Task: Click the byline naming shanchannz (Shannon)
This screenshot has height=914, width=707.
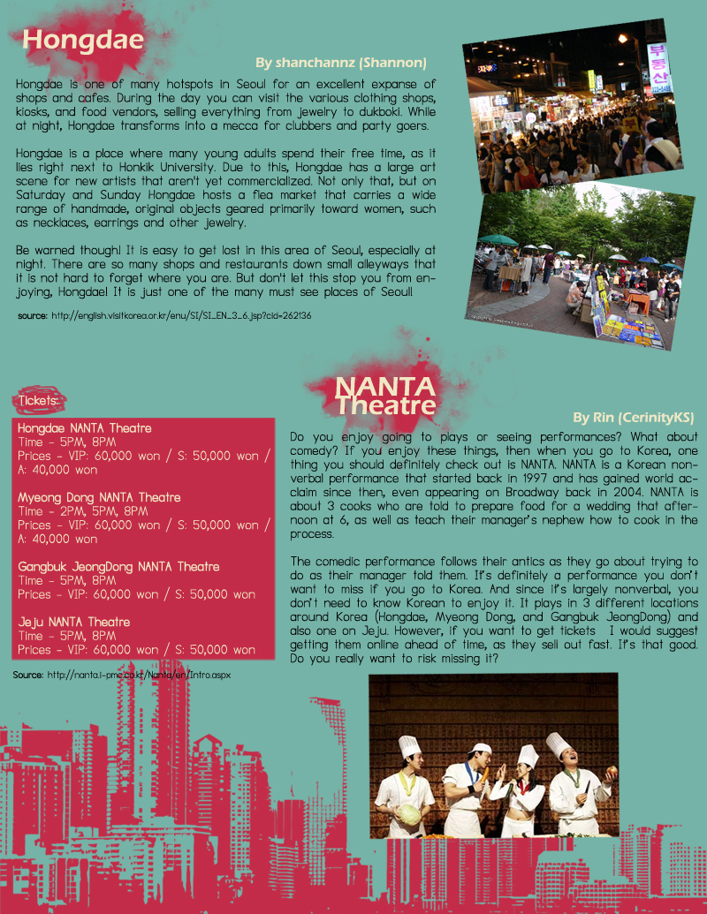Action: point(340,63)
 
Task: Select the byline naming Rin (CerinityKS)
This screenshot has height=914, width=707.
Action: point(633,417)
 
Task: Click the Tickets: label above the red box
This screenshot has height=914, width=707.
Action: point(38,401)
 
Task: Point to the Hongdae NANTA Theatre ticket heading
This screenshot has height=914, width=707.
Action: point(85,428)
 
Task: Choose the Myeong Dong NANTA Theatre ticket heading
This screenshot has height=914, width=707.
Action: point(99,497)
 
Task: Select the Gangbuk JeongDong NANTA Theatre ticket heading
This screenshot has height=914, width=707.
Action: point(119,566)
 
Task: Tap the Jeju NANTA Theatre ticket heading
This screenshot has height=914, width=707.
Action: point(74,622)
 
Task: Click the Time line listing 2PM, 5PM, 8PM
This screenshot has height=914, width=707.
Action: point(83,511)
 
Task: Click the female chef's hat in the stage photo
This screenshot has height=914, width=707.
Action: point(528,757)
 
